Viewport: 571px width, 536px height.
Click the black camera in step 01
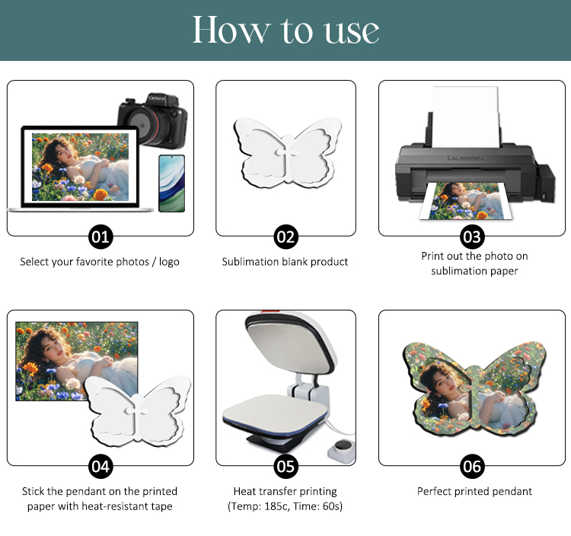coord(153,121)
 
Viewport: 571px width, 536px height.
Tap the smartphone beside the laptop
coord(172,183)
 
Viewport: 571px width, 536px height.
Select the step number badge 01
coord(100,237)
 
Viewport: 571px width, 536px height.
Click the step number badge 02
coord(285,237)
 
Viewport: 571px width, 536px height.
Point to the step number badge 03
coord(472,237)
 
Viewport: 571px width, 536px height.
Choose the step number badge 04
coord(100,467)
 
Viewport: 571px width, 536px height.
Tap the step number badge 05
coord(285,467)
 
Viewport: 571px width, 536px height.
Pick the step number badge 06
coord(472,467)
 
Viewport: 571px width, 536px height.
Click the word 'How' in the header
coord(231,30)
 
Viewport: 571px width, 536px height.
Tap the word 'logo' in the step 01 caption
coord(169,262)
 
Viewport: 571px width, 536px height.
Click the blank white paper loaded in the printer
coord(465,116)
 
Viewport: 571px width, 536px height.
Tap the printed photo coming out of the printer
coord(466,201)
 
